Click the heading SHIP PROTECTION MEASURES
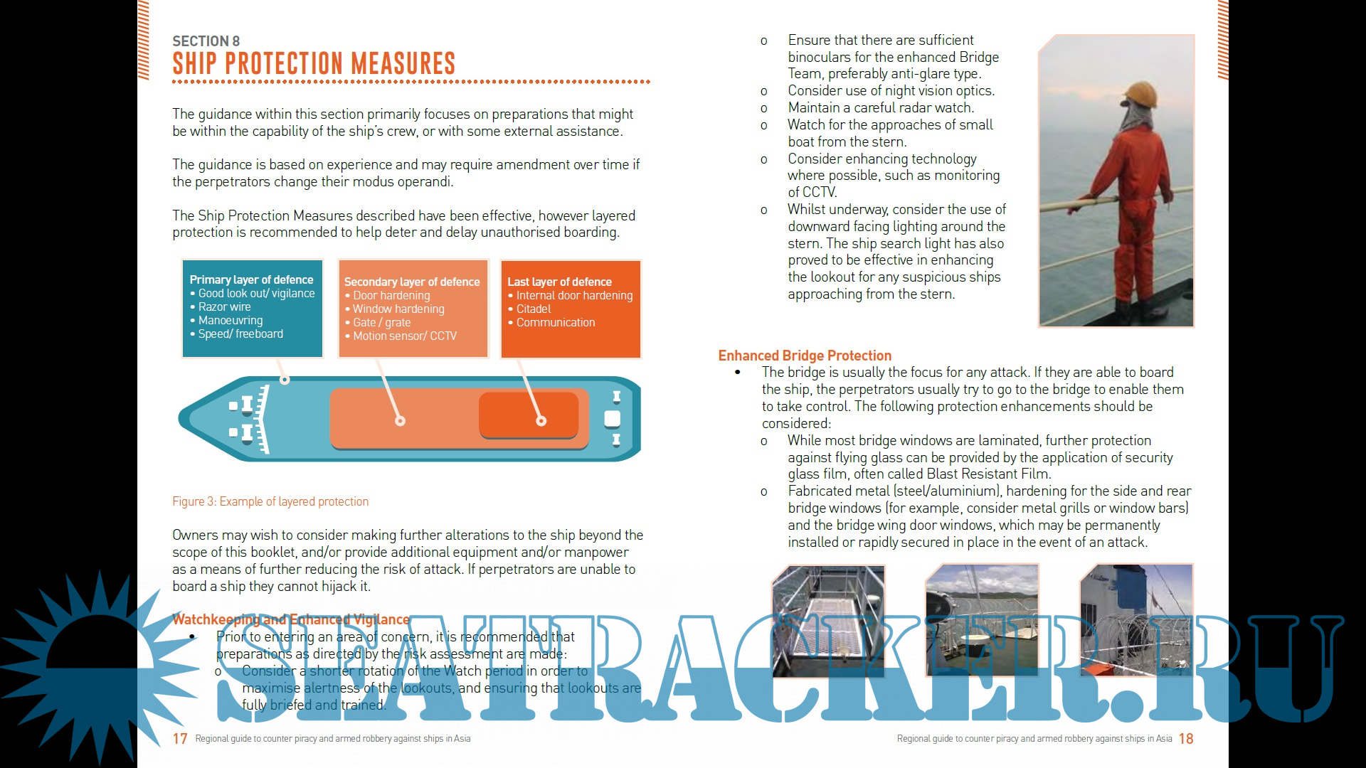pos(313,63)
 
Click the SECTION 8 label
pos(206,41)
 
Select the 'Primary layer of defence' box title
pos(251,279)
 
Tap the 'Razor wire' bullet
pos(224,306)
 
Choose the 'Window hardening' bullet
pos(398,309)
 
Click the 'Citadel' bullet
pos(534,309)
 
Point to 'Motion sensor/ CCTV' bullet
pos(405,336)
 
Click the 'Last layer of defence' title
pos(559,282)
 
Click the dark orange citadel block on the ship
pos(528,415)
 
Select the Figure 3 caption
pos(270,501)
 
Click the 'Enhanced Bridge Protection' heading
pos(805,356)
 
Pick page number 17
pos(180,739)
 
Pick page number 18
pos(1186,739)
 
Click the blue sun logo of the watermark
pos(85,665)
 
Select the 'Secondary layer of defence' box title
pos(412,282)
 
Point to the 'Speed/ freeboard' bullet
pos(240,334)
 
